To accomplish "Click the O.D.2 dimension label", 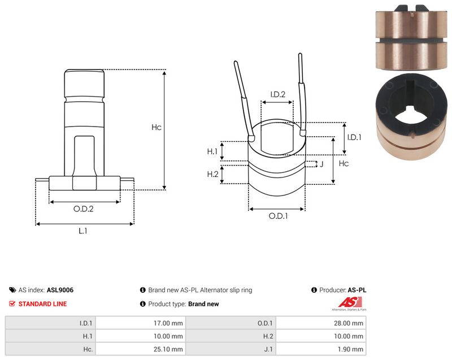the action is pyautogui.click(x=83, y=209).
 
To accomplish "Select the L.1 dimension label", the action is pyautogui.click(x=82, y=231).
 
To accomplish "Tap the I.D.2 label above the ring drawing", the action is pyautogui.click(x=277, y=94).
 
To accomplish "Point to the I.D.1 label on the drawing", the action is pyautogui.click(x=354, y=137).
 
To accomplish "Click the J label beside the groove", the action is pyautogui.click(x=321, y=164).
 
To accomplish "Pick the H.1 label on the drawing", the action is pyautogui.click(x=212, y=151).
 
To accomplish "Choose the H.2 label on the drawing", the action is pyautogui.click(x=212, y=174).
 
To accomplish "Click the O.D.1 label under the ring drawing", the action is pyautogui.click(x=278, y=216).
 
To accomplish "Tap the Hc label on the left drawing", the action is pyautogui.click(x=157, y=127).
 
